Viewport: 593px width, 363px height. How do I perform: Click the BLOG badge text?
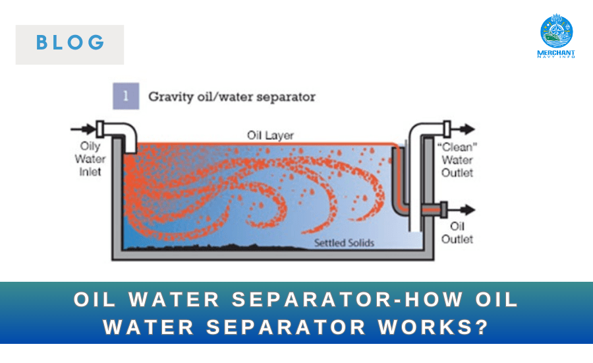70,44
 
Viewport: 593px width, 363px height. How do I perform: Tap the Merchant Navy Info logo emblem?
557,31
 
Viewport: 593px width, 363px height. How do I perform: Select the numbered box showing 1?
125,96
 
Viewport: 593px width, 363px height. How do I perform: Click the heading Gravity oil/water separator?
231,96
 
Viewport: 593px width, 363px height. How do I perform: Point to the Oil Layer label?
270,135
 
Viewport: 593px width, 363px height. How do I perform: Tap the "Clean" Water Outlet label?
457,159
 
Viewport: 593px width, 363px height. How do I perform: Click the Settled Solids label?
344,243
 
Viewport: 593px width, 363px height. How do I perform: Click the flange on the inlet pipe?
101,128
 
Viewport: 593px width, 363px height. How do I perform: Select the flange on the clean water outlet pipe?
447,127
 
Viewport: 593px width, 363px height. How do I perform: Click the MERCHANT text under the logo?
557,52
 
